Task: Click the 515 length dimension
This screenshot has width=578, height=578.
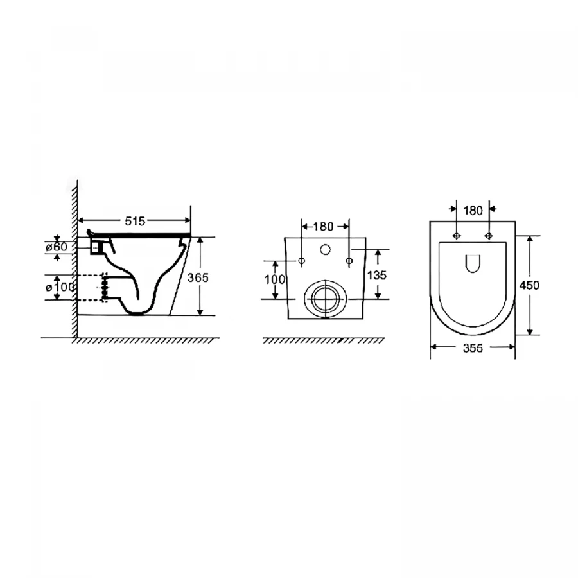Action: pos(136,221)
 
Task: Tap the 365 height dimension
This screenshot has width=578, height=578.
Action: pos(198,277)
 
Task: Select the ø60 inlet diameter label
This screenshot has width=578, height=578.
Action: pos(57,247)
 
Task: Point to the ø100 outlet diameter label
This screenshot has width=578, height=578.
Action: pos(60,287)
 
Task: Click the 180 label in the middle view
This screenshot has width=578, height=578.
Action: pos(323,227)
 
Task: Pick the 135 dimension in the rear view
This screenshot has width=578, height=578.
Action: pos(377,275)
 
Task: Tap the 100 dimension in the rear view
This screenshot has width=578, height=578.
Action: pos(275,279)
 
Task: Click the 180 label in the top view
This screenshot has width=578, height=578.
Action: pos(473,211)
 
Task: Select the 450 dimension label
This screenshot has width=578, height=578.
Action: pos(529,285)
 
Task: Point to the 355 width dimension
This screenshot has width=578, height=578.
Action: pos(473,348)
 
